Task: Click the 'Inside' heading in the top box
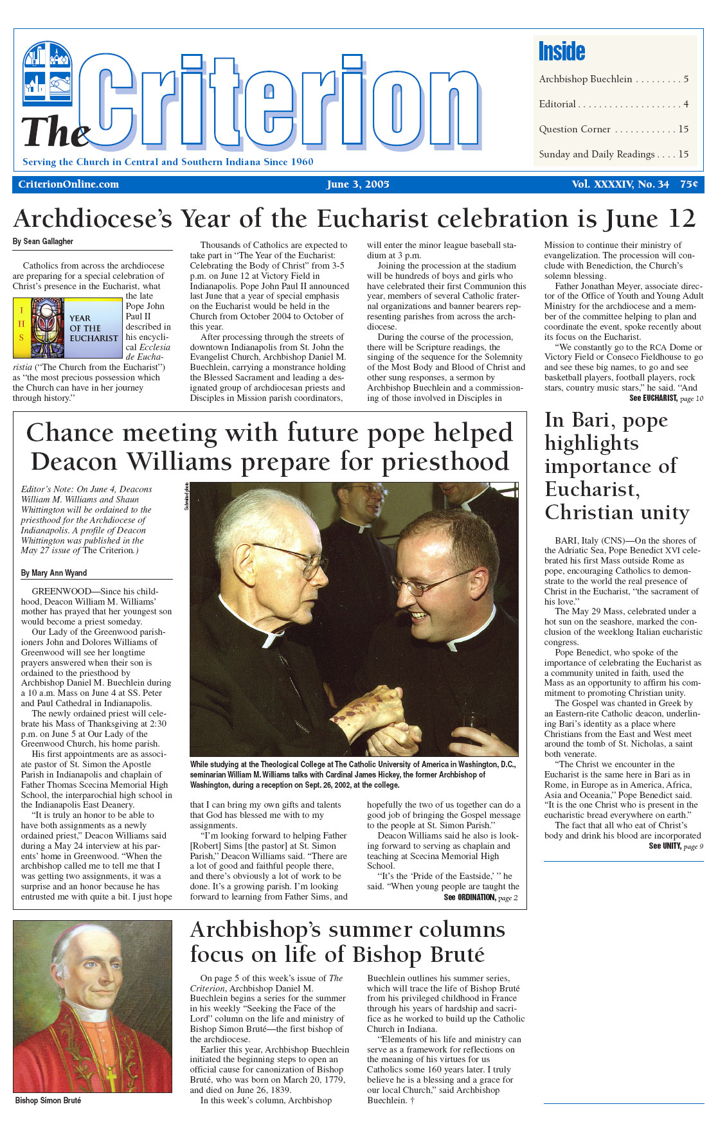click(x=562, y=51)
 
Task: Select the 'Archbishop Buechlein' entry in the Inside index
click(x=586, y=79)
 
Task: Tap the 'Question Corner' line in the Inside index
click(x=575, y=129)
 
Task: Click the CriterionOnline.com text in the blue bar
click(x=69, y=184)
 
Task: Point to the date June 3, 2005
click(x=358, y=184)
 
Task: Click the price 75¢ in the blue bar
click(x=689, y=184)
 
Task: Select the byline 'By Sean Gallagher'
click(x=43, y=242)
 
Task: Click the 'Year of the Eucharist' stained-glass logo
click(x=67, y=328)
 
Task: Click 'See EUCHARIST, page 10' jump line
click(x=666, y=398)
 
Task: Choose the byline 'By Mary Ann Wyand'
click(x=53, y=573)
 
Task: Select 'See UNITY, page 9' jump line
click(x=676, y=846)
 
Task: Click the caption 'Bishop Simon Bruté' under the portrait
click(x=48, y=1101)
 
